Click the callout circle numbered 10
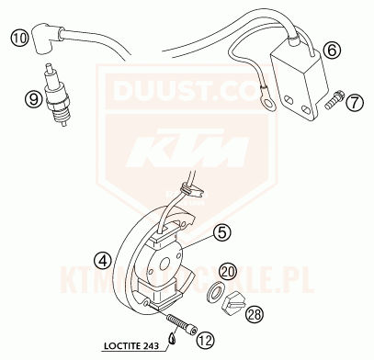[x=19, y=39]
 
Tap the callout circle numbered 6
[x=332, y=50]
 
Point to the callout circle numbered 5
[x=221, y=232]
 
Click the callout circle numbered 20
[x=229, y=273]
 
